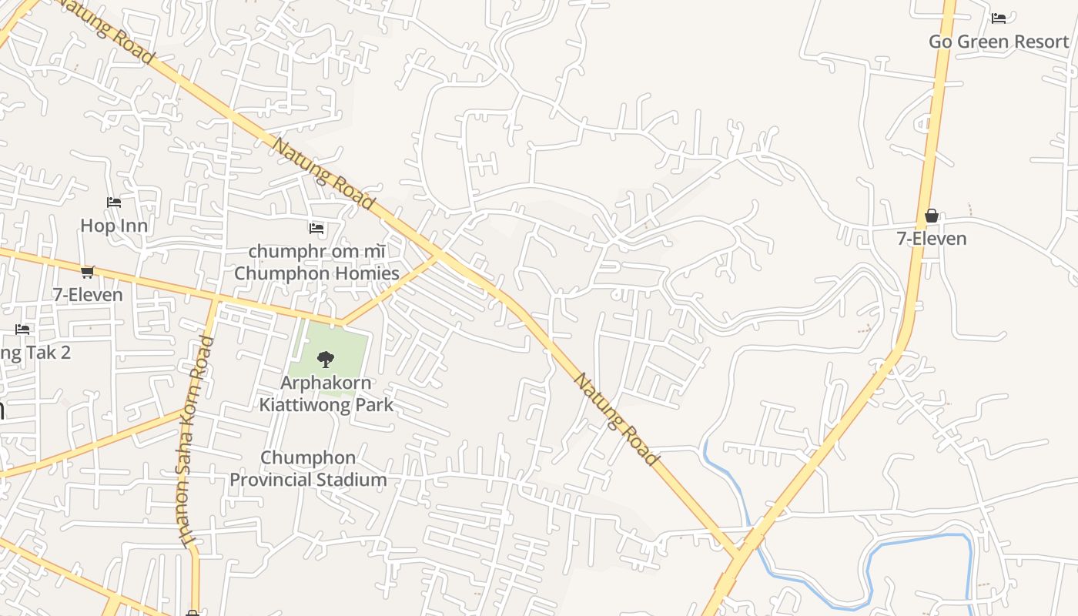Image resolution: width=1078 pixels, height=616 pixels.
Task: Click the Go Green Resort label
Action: point(999,42)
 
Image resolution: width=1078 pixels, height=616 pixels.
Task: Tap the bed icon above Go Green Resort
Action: point(999,18)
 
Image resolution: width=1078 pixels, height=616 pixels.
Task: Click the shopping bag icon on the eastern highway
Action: point(931,216)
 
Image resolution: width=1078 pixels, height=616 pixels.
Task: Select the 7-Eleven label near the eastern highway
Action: point(931,239)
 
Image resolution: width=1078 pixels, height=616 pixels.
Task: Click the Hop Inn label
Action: point(114,226)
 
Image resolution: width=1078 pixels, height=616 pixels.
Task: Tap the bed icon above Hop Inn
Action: point(114,203)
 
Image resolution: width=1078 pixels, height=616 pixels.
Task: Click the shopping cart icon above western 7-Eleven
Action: point(88,272)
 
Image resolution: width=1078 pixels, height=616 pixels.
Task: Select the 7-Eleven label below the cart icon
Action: point(88,295)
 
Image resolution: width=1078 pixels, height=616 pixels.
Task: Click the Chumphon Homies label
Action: point(316,273)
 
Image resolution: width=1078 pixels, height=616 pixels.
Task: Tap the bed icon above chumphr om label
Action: point(316,228)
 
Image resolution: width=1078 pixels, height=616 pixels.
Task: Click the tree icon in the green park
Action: point(326,359)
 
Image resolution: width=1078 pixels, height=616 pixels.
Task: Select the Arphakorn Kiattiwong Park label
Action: point(326,393)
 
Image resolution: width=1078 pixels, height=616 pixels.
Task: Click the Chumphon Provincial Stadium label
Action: point(308,468)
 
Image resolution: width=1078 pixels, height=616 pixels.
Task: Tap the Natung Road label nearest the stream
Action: point(618,420)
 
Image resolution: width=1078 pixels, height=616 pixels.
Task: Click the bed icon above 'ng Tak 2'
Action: point(22,330)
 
